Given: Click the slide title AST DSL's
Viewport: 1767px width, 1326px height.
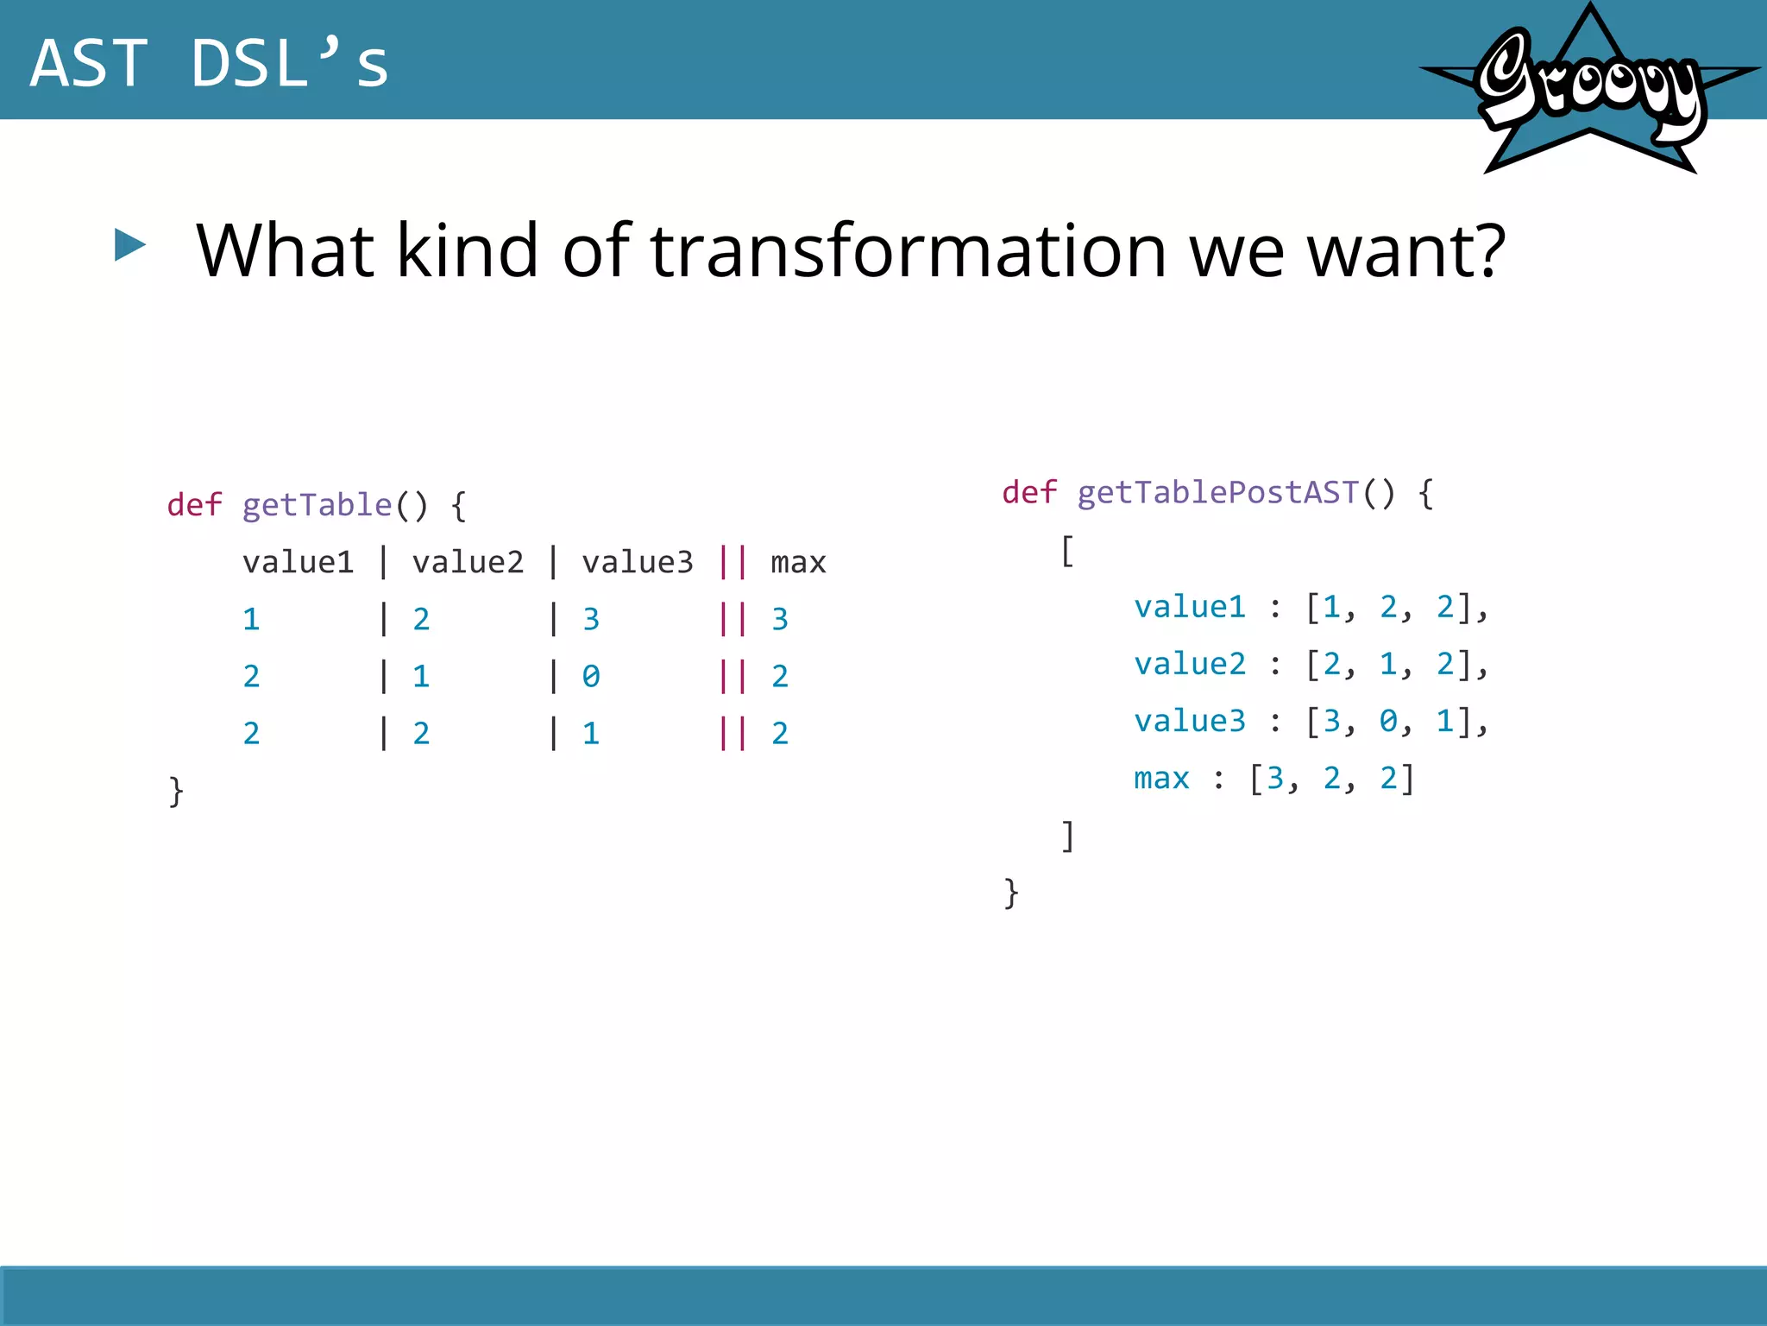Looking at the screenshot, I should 210,63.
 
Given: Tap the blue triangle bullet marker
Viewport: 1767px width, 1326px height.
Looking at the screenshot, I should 130,245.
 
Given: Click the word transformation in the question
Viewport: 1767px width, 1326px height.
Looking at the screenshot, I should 909,251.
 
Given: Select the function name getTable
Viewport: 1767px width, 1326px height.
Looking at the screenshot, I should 317,505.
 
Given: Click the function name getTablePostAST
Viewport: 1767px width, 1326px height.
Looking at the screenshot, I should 1217,493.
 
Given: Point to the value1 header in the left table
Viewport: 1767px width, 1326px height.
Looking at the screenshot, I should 298,563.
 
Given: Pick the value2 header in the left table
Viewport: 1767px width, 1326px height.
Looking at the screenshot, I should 468,563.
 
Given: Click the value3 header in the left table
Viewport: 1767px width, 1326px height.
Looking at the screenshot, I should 638,563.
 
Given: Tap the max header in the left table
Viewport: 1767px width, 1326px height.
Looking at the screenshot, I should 798,563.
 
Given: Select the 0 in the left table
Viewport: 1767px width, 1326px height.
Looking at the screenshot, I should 591,677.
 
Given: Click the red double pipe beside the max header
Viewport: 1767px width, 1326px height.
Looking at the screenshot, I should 733,563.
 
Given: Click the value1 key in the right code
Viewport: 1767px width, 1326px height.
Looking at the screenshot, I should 1190,608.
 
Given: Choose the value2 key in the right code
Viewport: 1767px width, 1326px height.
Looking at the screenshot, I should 1190,665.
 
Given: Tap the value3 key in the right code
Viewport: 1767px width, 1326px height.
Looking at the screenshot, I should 1190,722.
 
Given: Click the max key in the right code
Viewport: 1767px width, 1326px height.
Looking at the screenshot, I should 1161,779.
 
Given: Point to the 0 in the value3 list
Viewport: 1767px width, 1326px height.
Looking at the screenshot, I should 1388,722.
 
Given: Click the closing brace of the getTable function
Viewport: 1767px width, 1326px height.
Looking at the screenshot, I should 176,791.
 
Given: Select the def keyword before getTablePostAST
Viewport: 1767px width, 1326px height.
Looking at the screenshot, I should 1029,493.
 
